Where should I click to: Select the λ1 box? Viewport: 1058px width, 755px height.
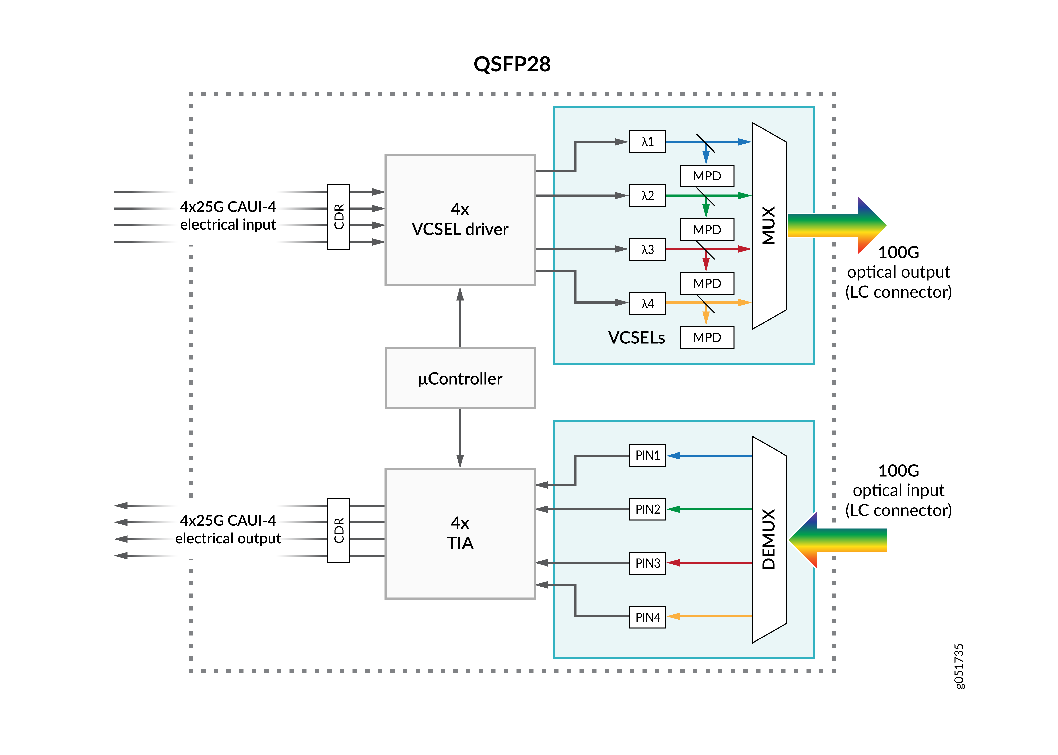tap(647, 141)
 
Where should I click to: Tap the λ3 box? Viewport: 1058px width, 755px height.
tap(647, 249)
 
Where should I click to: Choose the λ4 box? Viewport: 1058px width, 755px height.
tap(647, 303)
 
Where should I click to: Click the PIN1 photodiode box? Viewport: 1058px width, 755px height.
tap(647, 455)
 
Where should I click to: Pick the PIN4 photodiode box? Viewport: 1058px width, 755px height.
tap(647, 617)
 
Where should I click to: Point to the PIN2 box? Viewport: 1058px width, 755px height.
tap(647, 509)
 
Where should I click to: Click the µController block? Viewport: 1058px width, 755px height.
tap(460, 379)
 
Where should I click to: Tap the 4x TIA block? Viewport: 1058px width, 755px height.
tap(460, 533)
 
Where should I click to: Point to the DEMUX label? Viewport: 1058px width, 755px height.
tap(769, 539)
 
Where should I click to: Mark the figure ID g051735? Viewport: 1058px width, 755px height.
tap(958, 666)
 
